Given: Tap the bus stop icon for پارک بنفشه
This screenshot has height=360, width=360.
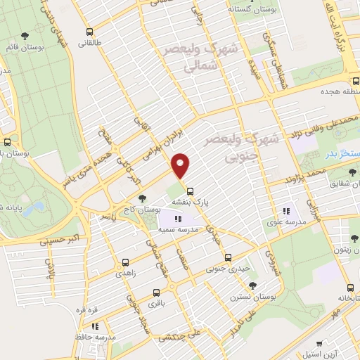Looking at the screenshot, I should [191, 191].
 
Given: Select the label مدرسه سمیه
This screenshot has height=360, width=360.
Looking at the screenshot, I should [176, 230].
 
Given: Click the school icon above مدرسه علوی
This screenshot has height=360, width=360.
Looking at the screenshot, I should [286, 210].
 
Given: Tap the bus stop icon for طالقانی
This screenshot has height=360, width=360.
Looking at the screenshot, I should [89, 32].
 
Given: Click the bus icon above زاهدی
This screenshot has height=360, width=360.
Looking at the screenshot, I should [126, 259].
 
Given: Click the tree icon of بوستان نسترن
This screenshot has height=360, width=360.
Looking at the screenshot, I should [252, 285].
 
